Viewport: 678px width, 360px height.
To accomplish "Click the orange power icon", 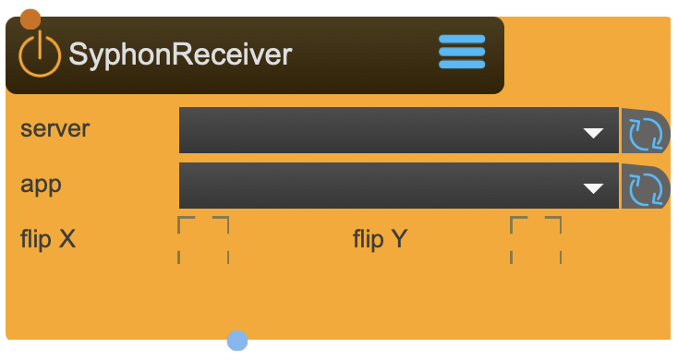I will tap(40, 54).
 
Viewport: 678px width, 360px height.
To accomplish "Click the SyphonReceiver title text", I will tap(180, 54).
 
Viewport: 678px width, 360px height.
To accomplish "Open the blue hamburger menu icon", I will tap(461, 52).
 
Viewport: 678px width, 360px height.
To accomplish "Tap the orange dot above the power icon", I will tap(30, 18).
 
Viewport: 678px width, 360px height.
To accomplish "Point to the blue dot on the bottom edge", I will tap(237, 341).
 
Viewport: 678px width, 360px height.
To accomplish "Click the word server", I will tap(55, 129).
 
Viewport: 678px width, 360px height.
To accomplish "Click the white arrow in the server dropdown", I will tap(593, 133).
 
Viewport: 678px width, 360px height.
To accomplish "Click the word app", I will tap(41, 185).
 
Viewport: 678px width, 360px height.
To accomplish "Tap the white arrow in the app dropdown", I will tap(593, 188).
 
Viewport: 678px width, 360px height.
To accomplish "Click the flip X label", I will tap(48, 240).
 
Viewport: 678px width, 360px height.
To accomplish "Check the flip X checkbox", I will tap(203, 240).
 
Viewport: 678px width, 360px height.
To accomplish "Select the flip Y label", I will tap(380, 240).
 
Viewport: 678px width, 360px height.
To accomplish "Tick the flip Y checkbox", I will tap(536, 240).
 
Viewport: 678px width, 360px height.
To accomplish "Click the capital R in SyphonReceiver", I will tap(183, 54).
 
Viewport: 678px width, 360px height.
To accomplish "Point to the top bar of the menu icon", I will tap(461, 39).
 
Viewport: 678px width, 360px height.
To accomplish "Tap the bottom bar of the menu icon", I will tap(461, 65).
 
